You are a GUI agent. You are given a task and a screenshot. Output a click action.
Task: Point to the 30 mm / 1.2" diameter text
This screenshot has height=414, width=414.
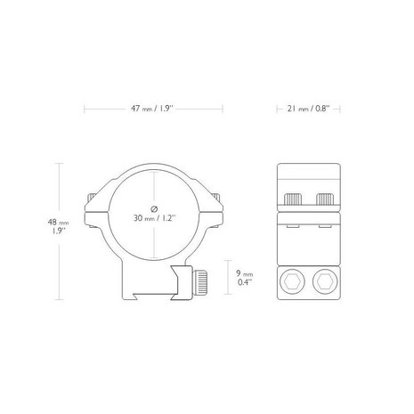[154, 218]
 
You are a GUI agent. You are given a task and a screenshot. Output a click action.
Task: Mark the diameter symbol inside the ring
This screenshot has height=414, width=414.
[154, 207]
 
